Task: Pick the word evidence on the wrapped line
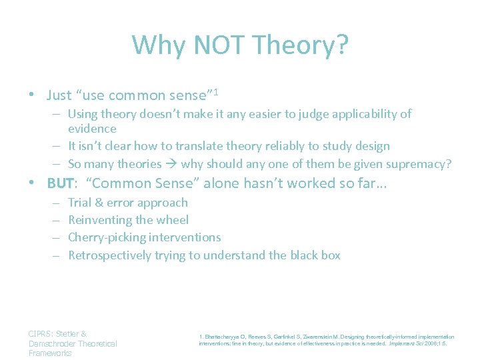coord(93,129)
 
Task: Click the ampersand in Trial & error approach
coord(98,203)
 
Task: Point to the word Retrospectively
coord(109,255)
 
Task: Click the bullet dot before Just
coord(32,95)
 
